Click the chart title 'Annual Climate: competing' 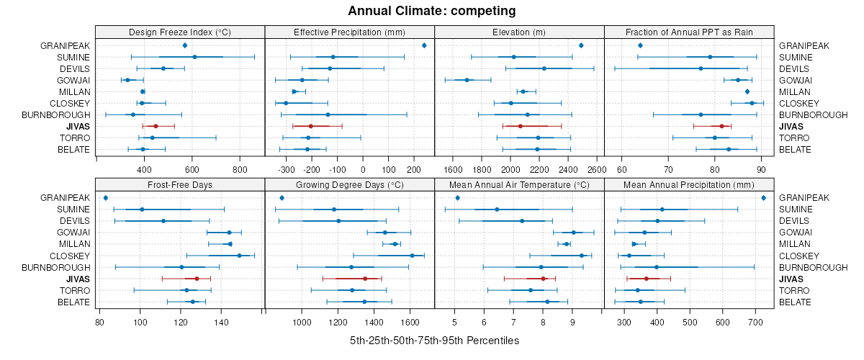[432, 11]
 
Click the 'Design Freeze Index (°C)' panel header [180, 32]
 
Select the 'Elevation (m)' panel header [519, 32]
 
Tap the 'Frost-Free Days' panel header [180, 185]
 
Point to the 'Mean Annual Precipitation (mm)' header [689, 185]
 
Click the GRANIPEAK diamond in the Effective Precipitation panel [424, 45]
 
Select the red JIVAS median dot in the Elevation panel [520, 126]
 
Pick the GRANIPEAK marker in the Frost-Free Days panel [106, 198]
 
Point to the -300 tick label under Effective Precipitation [287, 170]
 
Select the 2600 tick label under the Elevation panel [597, 170]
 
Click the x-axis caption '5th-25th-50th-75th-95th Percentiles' [434, 340]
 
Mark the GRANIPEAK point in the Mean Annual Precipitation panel [763, 198]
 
